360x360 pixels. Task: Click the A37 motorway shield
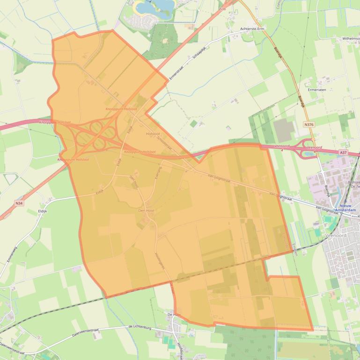[343, 152]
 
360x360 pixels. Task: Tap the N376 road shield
[308, 125]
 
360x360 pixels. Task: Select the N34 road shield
[19, 203]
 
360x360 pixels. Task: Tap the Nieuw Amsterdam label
[348, 208]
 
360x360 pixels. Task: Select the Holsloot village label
[153, 134]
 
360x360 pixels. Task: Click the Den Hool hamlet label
[146, 211]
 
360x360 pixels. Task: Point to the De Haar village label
[174, 315]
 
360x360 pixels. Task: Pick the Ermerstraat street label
[177, 72]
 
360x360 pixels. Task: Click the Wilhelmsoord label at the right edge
[350, 39]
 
